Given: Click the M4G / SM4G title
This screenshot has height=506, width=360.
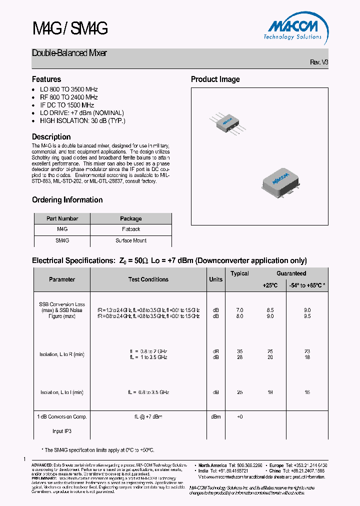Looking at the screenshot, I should pos(69,29).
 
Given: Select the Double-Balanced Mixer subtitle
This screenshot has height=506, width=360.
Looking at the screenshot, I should pos(69,53).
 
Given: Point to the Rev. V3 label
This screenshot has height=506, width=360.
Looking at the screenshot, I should pos(319,62).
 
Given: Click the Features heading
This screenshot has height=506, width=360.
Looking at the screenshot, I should pos(46,79).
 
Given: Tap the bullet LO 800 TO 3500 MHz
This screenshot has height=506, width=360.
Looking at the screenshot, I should pos(68,89).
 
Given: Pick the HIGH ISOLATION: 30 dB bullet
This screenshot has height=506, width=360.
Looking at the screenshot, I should pos(82,121).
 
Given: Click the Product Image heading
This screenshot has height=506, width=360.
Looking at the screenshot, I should pos(215,79).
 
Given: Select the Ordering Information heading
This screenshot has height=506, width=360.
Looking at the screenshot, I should pos(67,200).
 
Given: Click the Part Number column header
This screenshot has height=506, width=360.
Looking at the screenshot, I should pos(62,218).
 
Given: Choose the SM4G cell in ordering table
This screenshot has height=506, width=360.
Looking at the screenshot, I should pos(62,240).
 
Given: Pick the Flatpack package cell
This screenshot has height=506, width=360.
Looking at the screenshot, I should pos(131,229).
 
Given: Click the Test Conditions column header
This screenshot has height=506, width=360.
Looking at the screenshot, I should pos(148,279).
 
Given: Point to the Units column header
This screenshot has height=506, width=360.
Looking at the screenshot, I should pos(215,279).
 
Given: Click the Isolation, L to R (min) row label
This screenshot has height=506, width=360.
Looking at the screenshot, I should pos(62,354).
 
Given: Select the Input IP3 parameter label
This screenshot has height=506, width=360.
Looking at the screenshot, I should pos(62,431).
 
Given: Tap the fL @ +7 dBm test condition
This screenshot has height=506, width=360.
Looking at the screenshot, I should pos(148,416).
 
